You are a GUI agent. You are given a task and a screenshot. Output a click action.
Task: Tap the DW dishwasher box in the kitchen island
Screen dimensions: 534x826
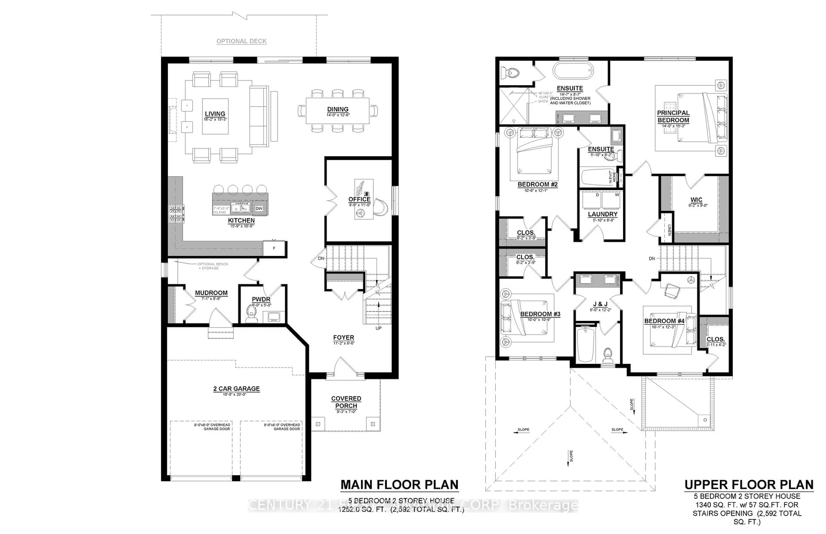point(259,208)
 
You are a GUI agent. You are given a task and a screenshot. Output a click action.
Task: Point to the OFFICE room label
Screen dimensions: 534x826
point(359,199)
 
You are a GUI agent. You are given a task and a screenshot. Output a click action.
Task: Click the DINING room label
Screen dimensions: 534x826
point(337,109)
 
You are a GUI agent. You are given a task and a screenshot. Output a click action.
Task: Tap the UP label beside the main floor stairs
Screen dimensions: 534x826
point(379,328)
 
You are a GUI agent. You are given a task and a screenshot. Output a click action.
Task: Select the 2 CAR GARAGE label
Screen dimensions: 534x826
point(236,389)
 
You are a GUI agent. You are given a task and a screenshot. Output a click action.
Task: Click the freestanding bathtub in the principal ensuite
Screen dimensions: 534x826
point(573,71)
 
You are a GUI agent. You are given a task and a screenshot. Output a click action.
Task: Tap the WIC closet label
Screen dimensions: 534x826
point(696,200)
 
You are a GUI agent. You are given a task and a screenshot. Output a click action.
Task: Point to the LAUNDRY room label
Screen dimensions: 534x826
point(603,214)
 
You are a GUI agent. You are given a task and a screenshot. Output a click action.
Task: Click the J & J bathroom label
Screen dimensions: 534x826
point(601,304)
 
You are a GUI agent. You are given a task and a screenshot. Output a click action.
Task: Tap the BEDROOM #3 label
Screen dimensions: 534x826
point(540,314)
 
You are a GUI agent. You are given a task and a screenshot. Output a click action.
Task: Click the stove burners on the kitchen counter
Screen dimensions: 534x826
point(176,214)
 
